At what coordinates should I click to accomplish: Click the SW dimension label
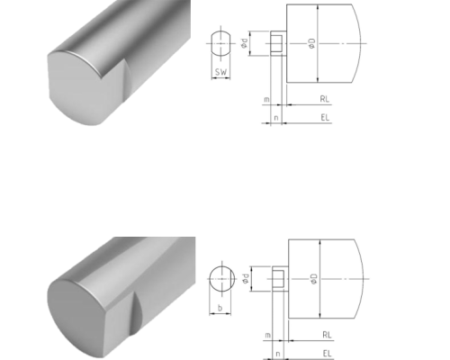(220, 71)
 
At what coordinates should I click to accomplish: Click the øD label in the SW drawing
(310, 42)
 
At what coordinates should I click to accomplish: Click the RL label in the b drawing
(326, 335)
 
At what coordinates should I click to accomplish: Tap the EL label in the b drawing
(327, 354)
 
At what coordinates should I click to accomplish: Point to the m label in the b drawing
(268, 335)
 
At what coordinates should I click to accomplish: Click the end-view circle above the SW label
(220, 42)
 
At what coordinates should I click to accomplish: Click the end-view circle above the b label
(220, 277)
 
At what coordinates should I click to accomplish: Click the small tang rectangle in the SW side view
(278, 43)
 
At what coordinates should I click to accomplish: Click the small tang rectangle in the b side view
(279, 278)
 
